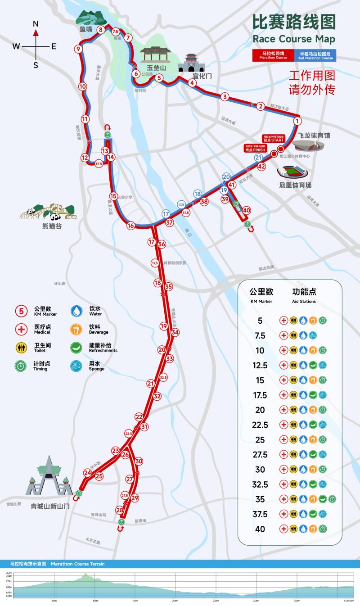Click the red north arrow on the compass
[x=36, y=32]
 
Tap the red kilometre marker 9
[x=78, y=49]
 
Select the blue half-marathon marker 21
[x=258, y=158]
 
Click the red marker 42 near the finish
[x=262, y=166]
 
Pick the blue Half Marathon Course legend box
[x=316, y=56]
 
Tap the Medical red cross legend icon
[x=21, y=329]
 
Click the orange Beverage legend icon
[x=77, y=329]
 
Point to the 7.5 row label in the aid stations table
[x=260, y=336]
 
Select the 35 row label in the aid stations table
[x=260, y=499]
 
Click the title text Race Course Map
[x=294, y=39]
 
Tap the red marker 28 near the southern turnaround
[x=119, y=510]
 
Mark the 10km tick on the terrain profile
[x=95, y=601]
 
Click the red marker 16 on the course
[x=130, y=226]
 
